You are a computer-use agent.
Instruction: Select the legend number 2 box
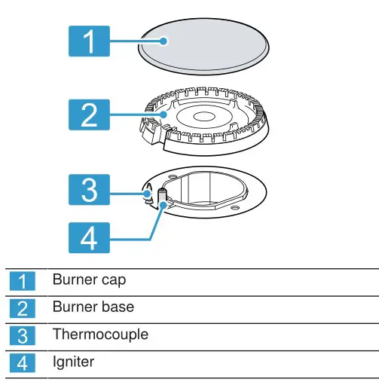(23, 307)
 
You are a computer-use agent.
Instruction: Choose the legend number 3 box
(23, 335)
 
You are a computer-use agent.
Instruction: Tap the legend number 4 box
(23, 362)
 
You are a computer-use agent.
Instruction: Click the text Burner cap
(88, 280)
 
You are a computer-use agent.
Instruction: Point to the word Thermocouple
(100, 334)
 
